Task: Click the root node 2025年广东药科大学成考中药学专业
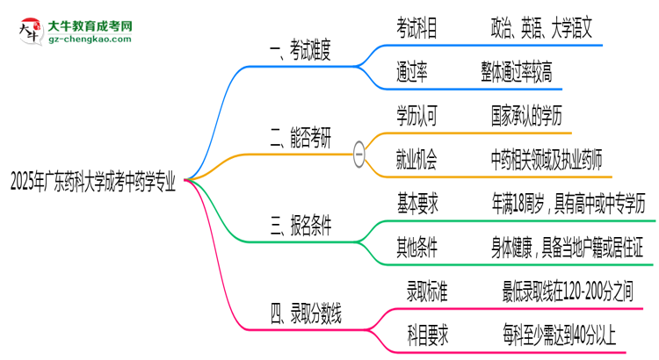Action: click(93, 183)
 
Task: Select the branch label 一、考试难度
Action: click(301, 51)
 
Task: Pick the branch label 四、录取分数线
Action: click(308, 312)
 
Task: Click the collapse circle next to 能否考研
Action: click(358, 153)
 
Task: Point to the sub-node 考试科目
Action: click(417, 29)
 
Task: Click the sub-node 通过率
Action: click(412, 73)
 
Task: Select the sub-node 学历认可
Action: click(417, 115)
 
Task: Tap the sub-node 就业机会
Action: click(417, 158)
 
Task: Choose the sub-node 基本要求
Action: click(417, 205)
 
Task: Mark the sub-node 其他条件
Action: click(417, 248)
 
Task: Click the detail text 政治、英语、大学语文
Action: click(542, 29)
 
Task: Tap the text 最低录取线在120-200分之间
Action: click(567, 290)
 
